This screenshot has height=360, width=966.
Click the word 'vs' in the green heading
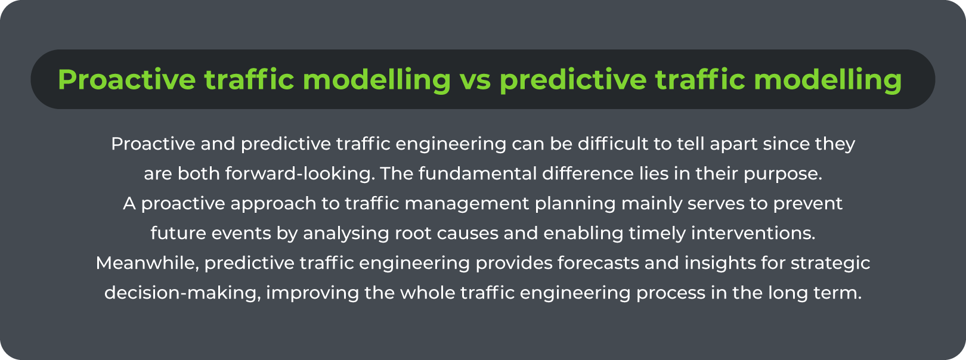[x=475, y=80]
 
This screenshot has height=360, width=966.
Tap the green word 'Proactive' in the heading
[x=127, y=79]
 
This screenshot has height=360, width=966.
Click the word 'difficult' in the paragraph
[x=613, y=144]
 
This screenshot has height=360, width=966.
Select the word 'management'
[x=467, y=204]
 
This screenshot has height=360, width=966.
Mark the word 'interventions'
[x=753, y=233]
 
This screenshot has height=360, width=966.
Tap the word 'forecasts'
[x=598, y=263]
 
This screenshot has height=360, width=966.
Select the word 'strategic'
[x=830, y=264]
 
